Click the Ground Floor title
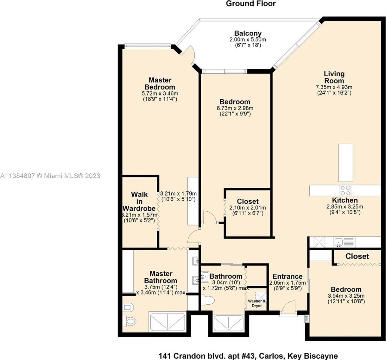[250, 3]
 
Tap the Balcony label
[248, 33]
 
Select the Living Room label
[334, 77]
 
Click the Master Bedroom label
[160, 84]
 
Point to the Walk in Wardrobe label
[139, 201]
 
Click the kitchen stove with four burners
[345, 190]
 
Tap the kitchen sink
[339, 242]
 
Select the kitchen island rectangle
[345, 163]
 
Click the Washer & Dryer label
[257, 303]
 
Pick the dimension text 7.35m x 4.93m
[334, 87]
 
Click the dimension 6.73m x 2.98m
[235, 108]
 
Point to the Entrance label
[287, 276]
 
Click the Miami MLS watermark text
[50, 176]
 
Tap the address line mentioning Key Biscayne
[248, 356]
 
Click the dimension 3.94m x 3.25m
[346, 296]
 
